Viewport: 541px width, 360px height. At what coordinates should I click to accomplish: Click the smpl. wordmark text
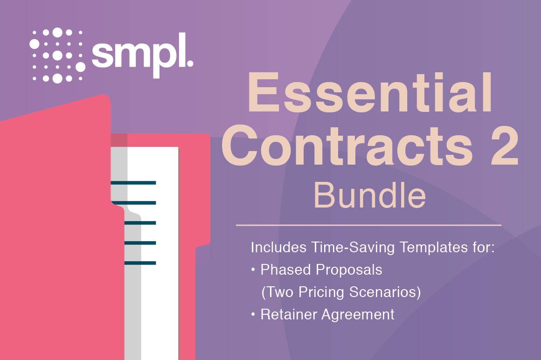pyautogui.click(x=142, y=55)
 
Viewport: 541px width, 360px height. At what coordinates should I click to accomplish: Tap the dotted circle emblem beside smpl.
pyautogui.click(x=57, y=55)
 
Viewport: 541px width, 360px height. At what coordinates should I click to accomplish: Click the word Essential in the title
pyautogui.click(x=369, y=92)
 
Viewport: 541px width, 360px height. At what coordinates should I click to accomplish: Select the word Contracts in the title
pyautogui.click(x=347, y=146)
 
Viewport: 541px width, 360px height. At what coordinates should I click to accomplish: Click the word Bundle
pyautogui.click(x=369, y=195)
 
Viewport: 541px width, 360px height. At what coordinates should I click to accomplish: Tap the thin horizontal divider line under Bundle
pyautogui.click(x=368, y=225)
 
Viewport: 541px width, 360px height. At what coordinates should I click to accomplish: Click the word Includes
pyautogui.click(x=278, y=247)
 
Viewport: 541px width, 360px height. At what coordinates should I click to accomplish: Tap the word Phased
pyautogui.click(x=286, y=270)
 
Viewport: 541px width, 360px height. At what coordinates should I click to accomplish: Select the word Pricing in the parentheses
pyautogui.click(x=321, y=292)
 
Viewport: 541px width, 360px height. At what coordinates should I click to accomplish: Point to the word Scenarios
pyautogui.click(x=382, y=292)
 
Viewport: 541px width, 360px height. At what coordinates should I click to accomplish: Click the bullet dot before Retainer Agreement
pyautogui.click(x=253, y=314)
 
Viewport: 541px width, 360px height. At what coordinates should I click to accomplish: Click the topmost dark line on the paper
pyautogui.click(x=133, y=183)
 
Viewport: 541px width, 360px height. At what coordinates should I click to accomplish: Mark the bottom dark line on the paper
pyautogui.click(x=140, y=263)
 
